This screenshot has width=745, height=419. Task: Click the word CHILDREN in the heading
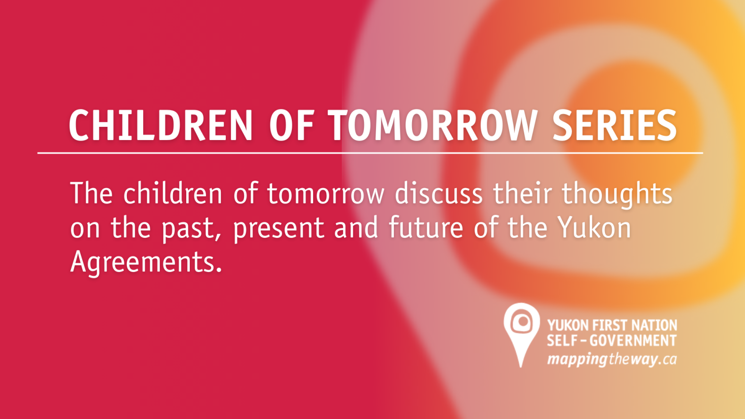(x=160, y=125)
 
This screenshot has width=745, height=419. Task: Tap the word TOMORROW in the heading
(x=432, y=125)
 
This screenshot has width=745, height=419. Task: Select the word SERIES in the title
(x=615, y=125)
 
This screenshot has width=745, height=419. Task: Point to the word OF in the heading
(x=291, y=125)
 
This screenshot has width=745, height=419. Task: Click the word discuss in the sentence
(x=438, y=194)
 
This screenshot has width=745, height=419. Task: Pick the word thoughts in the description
(x=617, y=195)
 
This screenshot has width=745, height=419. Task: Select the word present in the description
(x=278, y=228)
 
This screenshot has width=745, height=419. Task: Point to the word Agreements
(x=146, y=262)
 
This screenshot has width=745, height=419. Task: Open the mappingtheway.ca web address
(x=612, y=360)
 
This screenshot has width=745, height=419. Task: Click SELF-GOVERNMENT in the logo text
(x=612, y=340)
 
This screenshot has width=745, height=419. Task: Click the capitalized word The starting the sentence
(x=91, y=194)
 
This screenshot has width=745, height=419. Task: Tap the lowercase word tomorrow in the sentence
(x=325, y=194)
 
